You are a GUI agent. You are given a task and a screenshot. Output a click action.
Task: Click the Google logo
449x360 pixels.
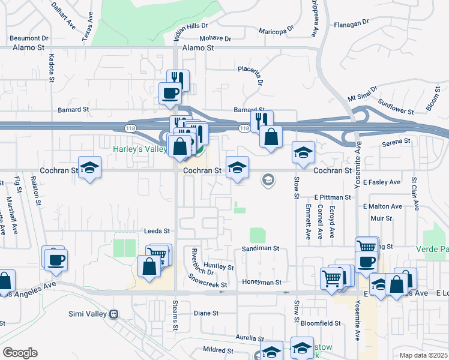[x=20, y=353]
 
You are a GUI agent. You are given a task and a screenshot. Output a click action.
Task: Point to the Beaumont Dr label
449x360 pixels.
[x=28, y=38]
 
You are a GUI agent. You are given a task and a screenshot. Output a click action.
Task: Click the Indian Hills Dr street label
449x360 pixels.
[x=191, y=26]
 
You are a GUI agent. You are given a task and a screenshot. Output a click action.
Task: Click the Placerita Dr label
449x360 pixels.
[x=250, y=76]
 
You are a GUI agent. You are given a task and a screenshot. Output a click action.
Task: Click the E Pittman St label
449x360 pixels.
[x=332, y=197]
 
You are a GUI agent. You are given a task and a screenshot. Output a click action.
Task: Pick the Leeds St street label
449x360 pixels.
[x=157, y=230]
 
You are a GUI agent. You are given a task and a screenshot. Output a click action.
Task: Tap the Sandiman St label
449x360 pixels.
[x=261, y=248]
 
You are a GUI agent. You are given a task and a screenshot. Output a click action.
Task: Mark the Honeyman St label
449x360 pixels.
[x=262, y=282]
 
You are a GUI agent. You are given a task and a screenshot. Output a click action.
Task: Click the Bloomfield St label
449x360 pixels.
[x=321, y=323]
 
